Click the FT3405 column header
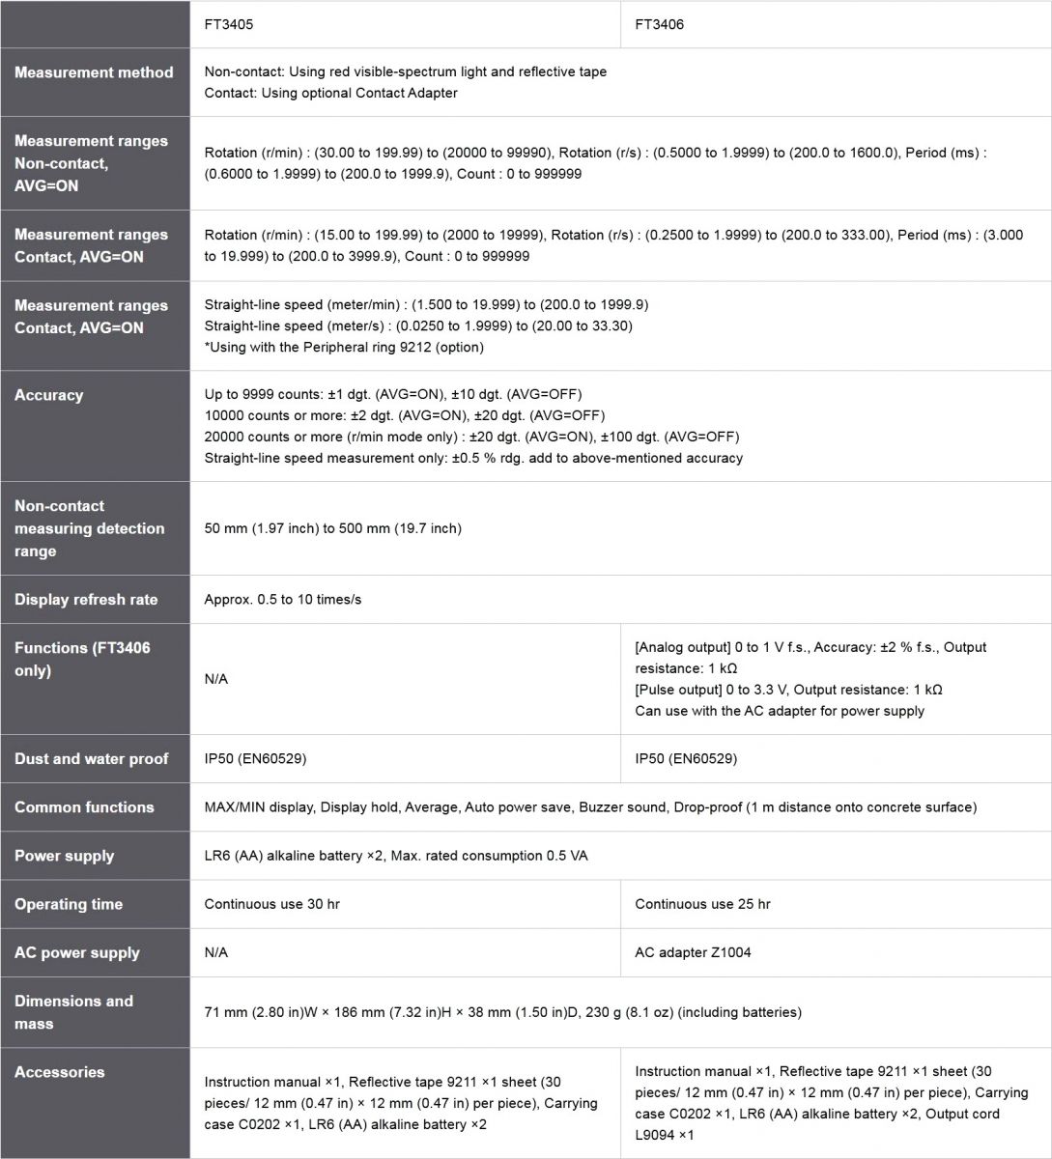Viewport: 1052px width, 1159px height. (229, 24)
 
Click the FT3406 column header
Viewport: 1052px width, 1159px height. (659, 24)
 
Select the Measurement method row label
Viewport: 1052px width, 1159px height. (94, 72)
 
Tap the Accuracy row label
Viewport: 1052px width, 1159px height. (49, 395)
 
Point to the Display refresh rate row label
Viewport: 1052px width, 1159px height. (86, 600)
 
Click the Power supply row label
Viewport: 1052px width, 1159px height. (64, 856)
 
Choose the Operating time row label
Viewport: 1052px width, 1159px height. (69, 904)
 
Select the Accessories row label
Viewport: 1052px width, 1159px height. (60, 1072)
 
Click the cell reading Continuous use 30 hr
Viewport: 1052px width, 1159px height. (271, 904)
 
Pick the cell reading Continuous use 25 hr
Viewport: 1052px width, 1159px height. (702, 904)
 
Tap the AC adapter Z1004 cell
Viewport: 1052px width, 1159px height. (693, 952)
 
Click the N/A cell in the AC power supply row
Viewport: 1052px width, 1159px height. (216, 952)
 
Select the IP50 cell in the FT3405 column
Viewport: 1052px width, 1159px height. (255, 759)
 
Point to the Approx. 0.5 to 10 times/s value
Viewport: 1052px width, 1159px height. (283, 600)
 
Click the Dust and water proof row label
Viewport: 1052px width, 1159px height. (91, 759)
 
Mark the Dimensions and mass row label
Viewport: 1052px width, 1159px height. (73, 1012)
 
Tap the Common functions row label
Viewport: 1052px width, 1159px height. (84, 807)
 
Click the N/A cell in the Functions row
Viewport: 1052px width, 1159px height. (216, 679)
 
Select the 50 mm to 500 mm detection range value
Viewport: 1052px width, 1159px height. (332, 528)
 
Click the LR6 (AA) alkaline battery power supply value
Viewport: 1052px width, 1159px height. (396, 856)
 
